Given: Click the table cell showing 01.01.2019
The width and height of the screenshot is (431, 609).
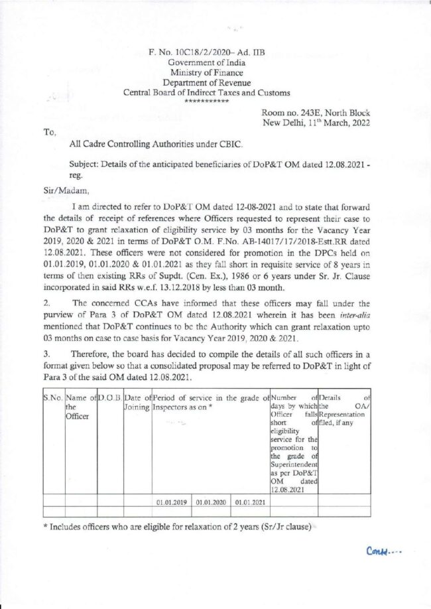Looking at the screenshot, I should click(x=172, y=502).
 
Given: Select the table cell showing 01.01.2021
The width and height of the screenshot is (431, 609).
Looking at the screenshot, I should click(x=250, y=502).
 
